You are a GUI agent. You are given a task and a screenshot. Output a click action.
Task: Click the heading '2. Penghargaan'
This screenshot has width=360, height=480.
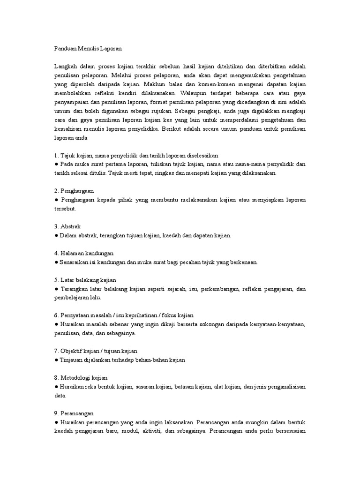[x=75, y=191]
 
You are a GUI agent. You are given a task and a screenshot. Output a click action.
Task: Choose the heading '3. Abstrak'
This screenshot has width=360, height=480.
[x=67, y=226]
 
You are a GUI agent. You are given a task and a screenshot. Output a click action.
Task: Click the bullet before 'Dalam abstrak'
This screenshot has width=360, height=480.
[x=56, y=235]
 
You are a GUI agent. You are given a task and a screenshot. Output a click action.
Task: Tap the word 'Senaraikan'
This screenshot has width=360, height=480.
[x=74, y=262]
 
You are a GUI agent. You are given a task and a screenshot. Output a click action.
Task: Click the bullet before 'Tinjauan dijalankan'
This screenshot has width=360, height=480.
[x=56, y=360]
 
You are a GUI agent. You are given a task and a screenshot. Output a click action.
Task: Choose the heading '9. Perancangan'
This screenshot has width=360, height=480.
[x=74, y=413]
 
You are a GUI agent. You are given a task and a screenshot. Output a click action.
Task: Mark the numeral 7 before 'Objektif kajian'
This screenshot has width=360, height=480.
[x=56, y=351]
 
